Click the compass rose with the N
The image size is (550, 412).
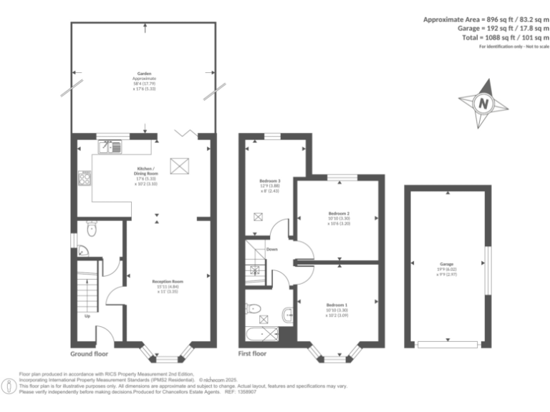(x=485, y=104)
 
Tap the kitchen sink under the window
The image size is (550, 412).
(x=110, y=147)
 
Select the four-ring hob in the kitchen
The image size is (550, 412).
(x=84, y=179)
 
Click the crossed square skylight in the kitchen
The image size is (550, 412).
(x=177, y=165)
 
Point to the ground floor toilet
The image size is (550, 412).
(x=91, y=230)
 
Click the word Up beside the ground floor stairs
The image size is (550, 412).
(x=87, y=315)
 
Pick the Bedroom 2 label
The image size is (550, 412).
(x=339, y=213)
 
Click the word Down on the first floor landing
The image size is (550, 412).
(x=272, y=250)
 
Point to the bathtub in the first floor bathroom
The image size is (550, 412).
(x=262, y=333)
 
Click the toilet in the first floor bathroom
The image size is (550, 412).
(x=253, y=309)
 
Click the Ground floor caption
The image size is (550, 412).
(x=90, y=354)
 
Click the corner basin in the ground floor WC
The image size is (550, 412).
(x=83, y=251)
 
